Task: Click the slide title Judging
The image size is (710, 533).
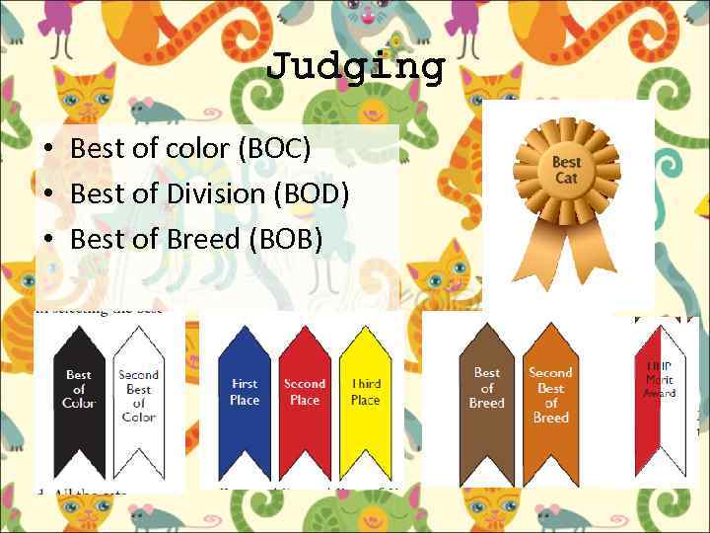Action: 356,67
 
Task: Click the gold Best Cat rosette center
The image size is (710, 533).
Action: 566,170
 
